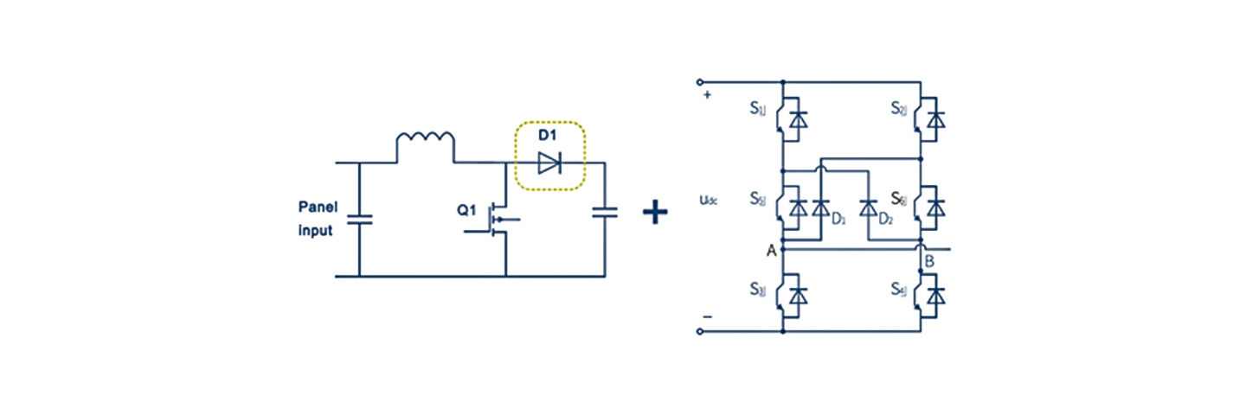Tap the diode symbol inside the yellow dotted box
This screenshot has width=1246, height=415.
tap(549, 163)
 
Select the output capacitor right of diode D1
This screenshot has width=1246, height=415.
tap(604, 210)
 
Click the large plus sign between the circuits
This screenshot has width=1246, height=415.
tap(655, 212)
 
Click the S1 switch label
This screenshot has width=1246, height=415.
tap(758, 109)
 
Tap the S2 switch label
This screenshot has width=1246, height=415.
tap(899, 109)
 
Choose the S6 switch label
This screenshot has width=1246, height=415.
tap(899, 198)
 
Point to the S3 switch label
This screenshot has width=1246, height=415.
tap(758, 290)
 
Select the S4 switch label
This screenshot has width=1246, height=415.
tap(899, 290)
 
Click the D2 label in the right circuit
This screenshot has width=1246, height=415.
tap(885, 220)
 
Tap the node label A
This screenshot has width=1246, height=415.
tap(770, 250)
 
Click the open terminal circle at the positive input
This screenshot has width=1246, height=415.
tap(700, 82)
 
